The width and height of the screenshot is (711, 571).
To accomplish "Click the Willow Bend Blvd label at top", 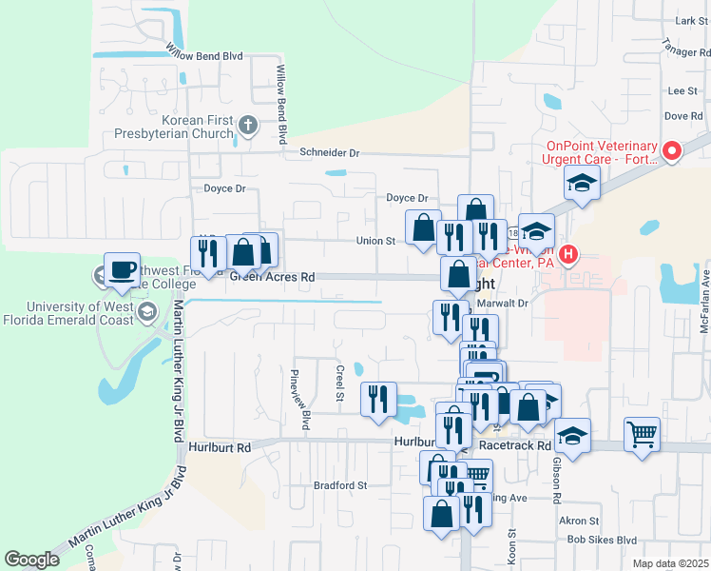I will point(204,55).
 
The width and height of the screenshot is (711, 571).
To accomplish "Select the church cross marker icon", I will point(247,125).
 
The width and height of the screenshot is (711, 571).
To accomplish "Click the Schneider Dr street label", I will point(330,152).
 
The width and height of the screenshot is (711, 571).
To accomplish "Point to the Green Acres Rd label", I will point(273,278).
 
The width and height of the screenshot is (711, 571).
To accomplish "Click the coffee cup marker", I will point(122,268).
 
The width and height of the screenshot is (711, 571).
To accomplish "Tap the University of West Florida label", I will point(81,313).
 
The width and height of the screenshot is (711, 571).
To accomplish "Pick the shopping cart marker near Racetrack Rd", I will point(643,435).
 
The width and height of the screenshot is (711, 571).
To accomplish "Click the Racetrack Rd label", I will point(515,444).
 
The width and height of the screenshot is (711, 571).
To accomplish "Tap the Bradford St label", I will point(340,485).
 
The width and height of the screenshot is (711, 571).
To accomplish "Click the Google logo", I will point(31,560).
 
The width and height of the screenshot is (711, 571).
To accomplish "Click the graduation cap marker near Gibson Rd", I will point(573,434).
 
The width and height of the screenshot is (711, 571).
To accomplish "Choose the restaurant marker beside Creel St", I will point(378,397).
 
